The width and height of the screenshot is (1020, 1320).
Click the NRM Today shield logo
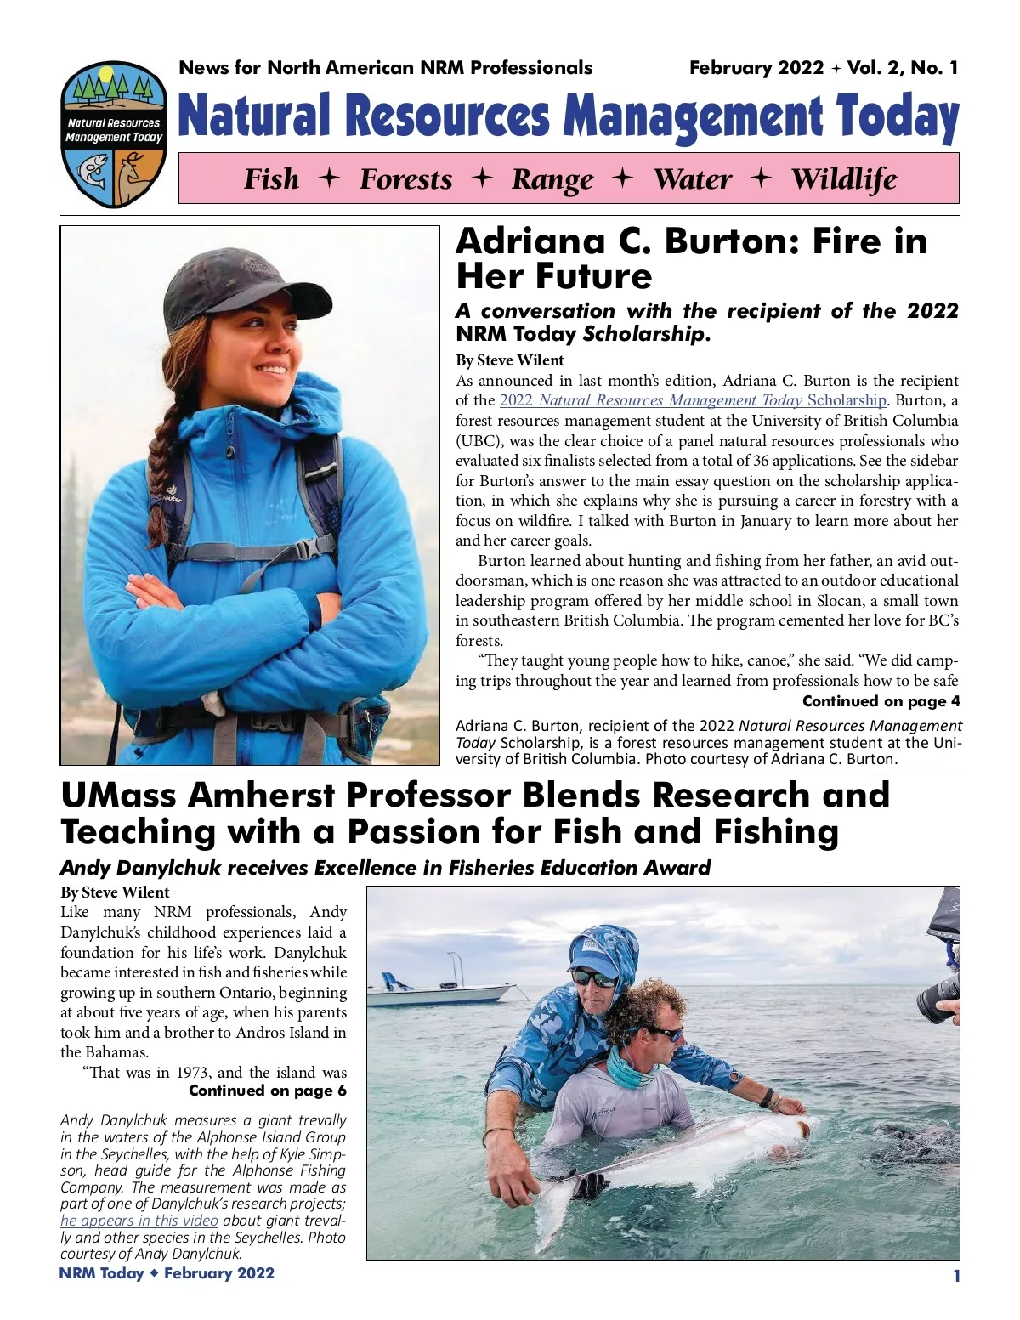[x=112, y=135]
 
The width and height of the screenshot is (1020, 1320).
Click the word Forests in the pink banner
[x=405, y=179]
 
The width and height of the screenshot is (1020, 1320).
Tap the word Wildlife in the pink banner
[x=844, y=179]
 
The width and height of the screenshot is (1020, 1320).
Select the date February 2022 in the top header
[x=756, y=68]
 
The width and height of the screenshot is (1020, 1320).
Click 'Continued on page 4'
[x=881, y=701]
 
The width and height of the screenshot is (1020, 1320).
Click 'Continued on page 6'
[x=268, y=1091]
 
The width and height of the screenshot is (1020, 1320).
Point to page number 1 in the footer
[x=956, y=1275]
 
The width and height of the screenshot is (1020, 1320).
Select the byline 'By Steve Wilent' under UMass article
[x=115, y=892]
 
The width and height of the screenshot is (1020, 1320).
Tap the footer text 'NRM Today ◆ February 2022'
[x=167, y=1273]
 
